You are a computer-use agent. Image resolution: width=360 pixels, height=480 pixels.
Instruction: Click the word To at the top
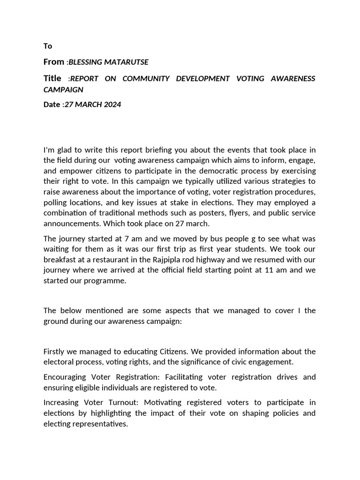point(48,46)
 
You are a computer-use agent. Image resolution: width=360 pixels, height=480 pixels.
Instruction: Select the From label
point(53,62)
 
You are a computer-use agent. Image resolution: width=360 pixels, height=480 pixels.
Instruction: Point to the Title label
point(52,78)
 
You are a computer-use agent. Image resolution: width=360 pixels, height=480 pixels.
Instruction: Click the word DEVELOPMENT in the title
point(202,79)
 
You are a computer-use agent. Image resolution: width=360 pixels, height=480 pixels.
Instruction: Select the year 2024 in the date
point(112,105)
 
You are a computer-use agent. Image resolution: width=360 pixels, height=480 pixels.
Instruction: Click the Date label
point(52,105)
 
